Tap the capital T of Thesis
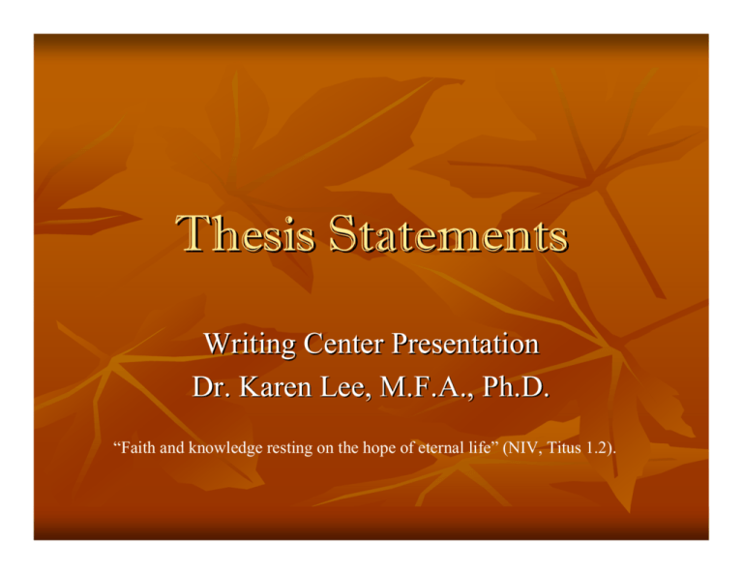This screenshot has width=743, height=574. [200, 235]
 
